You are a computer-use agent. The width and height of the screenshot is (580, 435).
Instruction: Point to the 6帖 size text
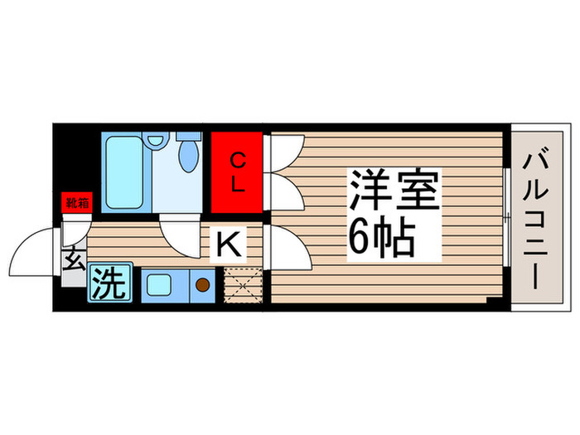pos(381,239)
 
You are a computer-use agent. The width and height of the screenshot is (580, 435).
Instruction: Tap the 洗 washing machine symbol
pos(109,284)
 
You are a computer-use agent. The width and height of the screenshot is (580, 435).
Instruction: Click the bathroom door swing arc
pos(180,232)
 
